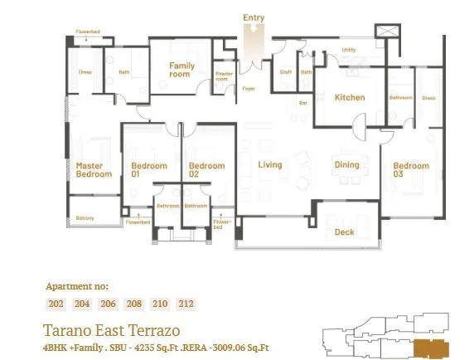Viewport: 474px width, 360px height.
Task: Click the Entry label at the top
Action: click(x=254, y=17)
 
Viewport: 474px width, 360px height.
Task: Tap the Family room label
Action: click(x=181, y=70)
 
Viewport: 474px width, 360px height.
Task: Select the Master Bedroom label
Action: click(x=94, y=170)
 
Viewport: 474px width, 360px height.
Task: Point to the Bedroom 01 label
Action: click(x=149, y=170)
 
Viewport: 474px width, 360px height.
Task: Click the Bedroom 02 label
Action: click(x=206, y=170)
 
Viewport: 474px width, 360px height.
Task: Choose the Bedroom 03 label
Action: click(x=410, y=170)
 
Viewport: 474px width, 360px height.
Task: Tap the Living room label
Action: click(x=269, y=165)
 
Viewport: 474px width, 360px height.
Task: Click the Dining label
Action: click(x=346, y=165)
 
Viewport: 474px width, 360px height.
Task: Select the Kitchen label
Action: click(x=349, y=98)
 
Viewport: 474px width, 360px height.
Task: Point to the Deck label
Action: click(x=344, y=232)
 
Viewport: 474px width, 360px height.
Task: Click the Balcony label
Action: click(x=85, y=218)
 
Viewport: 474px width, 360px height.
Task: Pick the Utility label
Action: click(x=349, y=51)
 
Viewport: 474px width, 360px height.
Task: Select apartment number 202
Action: click(x=56, y=304)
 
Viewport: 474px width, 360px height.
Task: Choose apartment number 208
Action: click(x=134, y=304)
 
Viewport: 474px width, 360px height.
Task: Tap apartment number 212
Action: click(x=186, y=304)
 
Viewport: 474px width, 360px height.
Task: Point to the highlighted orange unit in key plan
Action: click(x=429, y=346)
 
